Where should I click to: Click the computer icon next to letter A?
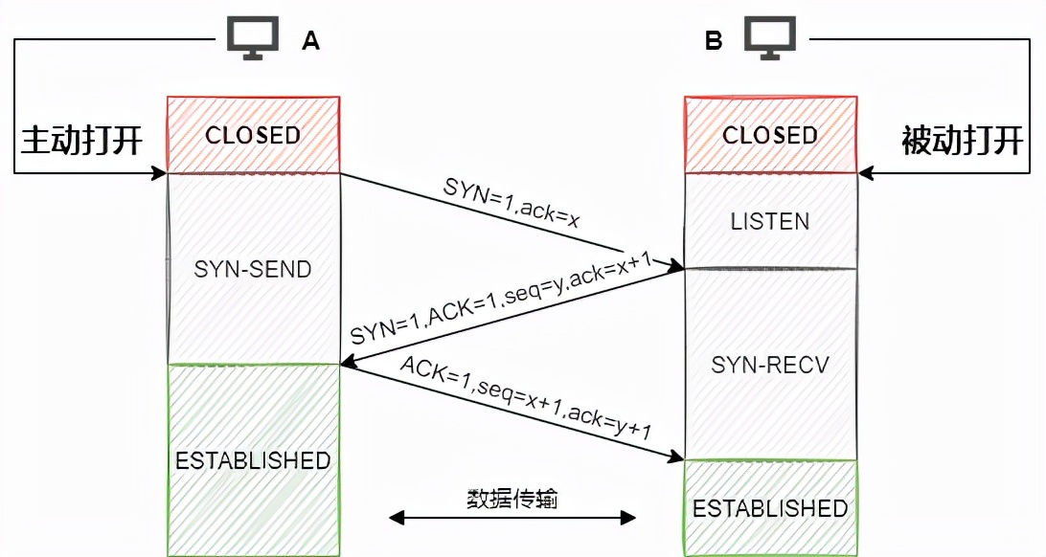click(253, 39)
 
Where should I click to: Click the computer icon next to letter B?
click(771, 39)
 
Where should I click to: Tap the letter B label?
click(714, 40)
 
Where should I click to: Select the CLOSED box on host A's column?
click(253, 135)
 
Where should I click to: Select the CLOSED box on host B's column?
click(770, 135)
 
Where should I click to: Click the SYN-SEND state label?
click(253, 269)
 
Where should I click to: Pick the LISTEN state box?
click(770, 221)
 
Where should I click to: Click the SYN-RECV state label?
click(770, 365)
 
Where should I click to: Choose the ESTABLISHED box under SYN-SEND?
click(253, 460)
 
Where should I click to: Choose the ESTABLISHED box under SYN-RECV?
click(770, 507)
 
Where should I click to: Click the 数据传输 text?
click(512, 499)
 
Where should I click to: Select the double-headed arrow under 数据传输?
click(512, 518)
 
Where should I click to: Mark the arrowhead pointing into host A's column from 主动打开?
click(160, 173)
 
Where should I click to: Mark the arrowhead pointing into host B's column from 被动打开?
click(865, 173)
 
